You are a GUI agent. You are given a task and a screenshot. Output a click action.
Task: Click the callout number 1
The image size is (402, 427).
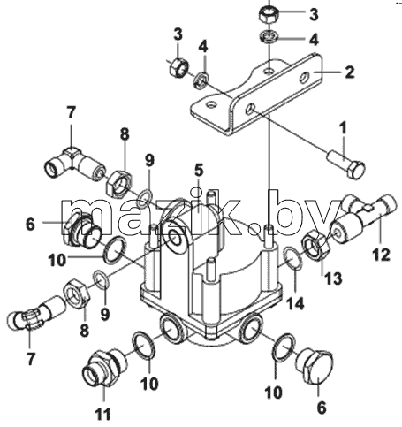[344, 127]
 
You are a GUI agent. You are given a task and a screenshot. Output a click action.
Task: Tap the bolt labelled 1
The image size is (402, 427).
[347, 164]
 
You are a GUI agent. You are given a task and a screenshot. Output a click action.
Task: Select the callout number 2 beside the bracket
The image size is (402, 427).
[350, 72]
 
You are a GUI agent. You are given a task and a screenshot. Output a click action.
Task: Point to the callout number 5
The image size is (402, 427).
[199, 171]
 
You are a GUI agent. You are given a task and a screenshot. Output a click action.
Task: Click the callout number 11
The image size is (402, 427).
[103, 414]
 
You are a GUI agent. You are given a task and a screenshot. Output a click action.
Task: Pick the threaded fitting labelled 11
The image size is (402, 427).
[103, 367]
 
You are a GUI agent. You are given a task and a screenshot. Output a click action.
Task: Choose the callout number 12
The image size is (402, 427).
[382, 255]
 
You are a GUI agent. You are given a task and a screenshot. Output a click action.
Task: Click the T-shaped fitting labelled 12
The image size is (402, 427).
[364, 219]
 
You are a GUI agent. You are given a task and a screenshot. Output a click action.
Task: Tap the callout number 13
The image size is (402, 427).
[333, 278]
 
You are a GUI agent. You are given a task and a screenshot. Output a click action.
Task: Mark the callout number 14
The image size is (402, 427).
[295, 303]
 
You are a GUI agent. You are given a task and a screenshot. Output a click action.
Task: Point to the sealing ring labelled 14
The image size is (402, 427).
[292, 258]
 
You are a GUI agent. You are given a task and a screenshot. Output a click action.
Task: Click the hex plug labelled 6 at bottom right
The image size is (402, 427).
[315, 366]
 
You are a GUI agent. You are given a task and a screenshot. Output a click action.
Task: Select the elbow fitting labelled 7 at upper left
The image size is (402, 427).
[75, 164]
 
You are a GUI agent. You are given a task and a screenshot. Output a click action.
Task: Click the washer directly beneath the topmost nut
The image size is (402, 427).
[269, 37]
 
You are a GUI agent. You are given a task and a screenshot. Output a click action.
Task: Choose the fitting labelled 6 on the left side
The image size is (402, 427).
[81, 229]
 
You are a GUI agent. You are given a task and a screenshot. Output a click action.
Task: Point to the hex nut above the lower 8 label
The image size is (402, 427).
[76, 293]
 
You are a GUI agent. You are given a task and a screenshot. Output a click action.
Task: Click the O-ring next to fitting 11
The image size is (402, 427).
[144, 346]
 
